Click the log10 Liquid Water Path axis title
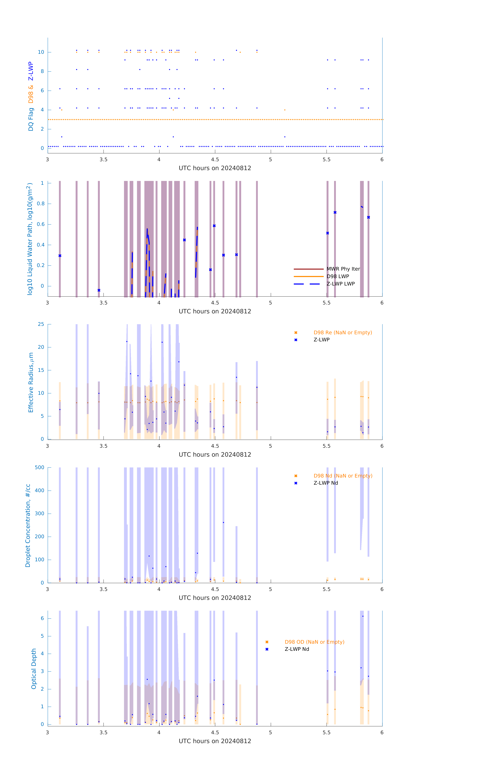[x=30, y=239]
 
